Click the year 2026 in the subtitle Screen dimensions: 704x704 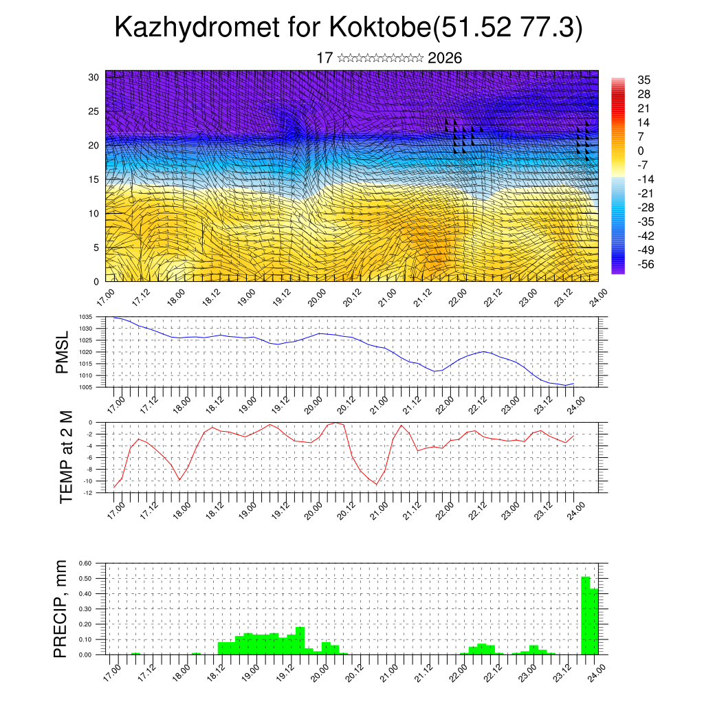click(445, 58)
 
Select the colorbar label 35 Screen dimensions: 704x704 click(644, 80)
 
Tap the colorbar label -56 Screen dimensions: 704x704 click(646, 264)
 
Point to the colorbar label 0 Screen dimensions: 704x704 click(641, 151)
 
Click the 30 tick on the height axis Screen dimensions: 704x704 click(94, 77)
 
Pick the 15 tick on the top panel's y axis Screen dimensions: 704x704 click(94, 179)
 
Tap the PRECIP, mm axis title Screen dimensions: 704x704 click(63, 608)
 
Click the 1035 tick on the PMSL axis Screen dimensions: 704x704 click(85, 317)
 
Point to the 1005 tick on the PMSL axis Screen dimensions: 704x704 click(85, 387)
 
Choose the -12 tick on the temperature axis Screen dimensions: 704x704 click(88, 492)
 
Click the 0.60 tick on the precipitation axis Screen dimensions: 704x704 click(85, 563)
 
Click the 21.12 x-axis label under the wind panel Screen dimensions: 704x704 click(421, 298)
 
